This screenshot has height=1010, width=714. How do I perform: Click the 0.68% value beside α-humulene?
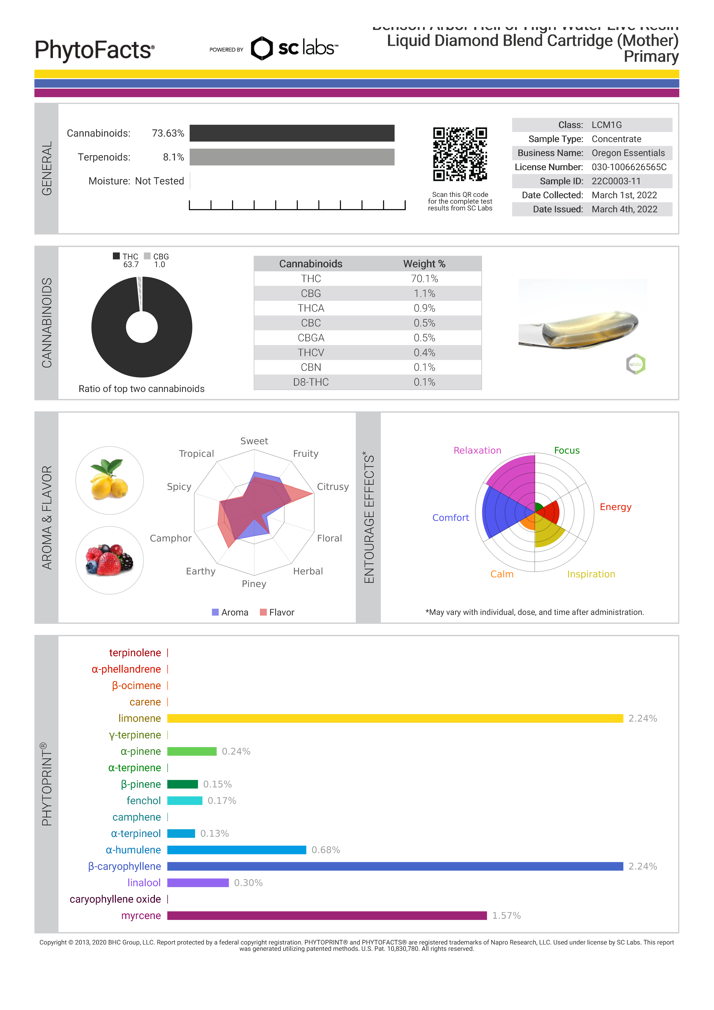(326, 850)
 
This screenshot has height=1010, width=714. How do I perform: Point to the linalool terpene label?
(144, 883)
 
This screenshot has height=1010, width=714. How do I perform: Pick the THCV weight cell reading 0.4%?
(424, 353)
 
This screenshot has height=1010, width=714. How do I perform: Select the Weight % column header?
(424, 264)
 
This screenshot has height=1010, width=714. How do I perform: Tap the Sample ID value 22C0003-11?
(616, 181)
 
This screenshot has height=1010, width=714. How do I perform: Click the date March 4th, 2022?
(624, 209)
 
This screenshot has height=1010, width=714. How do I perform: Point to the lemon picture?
(110, 480)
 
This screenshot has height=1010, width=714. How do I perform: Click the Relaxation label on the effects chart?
(477, 451)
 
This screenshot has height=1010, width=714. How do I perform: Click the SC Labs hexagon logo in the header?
(262, 48)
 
